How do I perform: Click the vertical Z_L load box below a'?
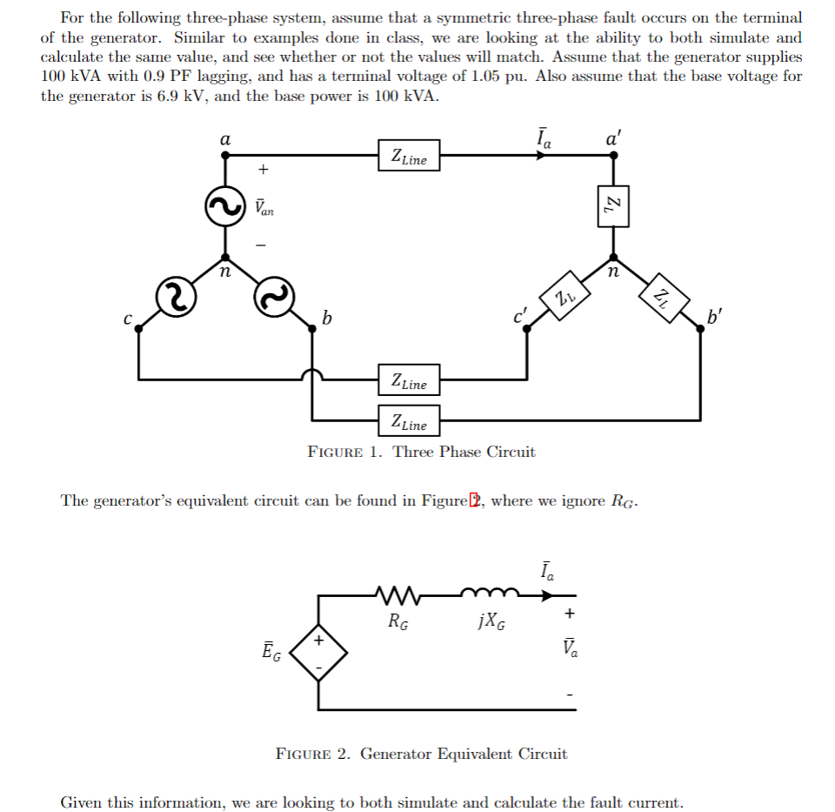(x=612, y=205)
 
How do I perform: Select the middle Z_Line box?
(x=409, y=380)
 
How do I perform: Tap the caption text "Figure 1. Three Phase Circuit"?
(x=422, y=452)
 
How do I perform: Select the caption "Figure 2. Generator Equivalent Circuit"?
(x=421, y=754)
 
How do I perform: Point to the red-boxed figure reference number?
(x=474, y=500)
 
